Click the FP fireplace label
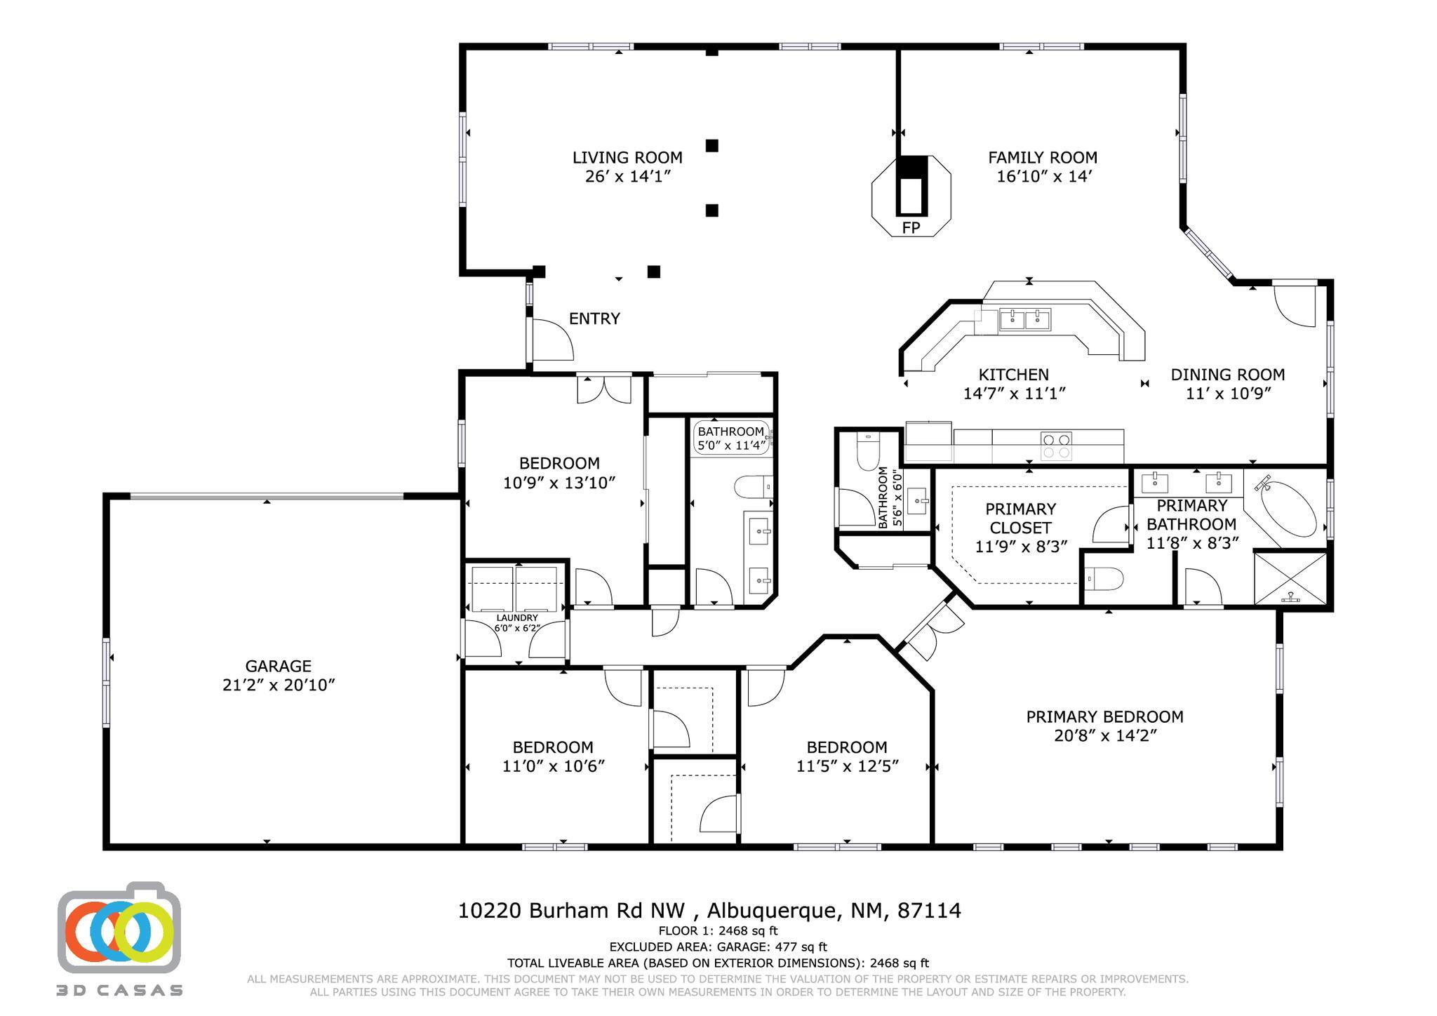pos(911,228)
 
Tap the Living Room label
pos(627,158)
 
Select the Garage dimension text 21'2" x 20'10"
pos(279,685)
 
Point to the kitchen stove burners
pos(1055,446)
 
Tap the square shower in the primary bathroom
pos(1290,578)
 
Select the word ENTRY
pos(594,319)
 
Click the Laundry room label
pos(517,618)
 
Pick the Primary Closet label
pos(1020,519)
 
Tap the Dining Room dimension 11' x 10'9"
pos(1229,394)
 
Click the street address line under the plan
pos(709,911)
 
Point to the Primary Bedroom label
pos(1105,717)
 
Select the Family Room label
pos(1043,158)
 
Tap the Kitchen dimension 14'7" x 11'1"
pos(1015,394)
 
